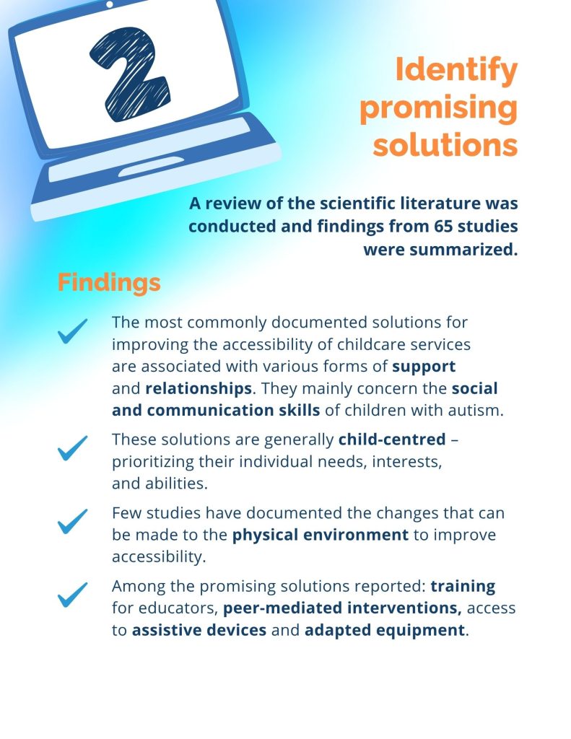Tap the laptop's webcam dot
110,4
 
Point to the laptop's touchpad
150,166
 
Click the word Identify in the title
456,70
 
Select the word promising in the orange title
438,108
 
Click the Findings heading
109,283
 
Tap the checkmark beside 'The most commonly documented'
73,331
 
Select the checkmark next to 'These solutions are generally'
73,447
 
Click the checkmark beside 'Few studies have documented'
73,521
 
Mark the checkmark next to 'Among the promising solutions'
73,595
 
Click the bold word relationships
199,388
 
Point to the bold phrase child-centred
392,440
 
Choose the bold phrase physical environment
321,535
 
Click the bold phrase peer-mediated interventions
342,608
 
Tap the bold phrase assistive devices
199,630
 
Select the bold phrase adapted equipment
385,631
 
